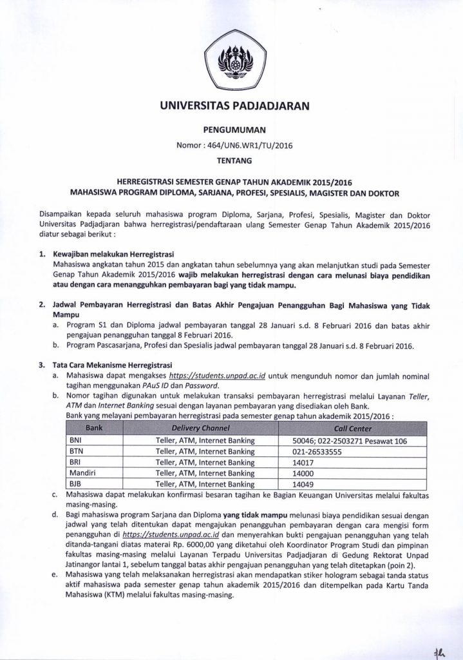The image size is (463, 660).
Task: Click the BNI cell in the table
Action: (x=77, y=441)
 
